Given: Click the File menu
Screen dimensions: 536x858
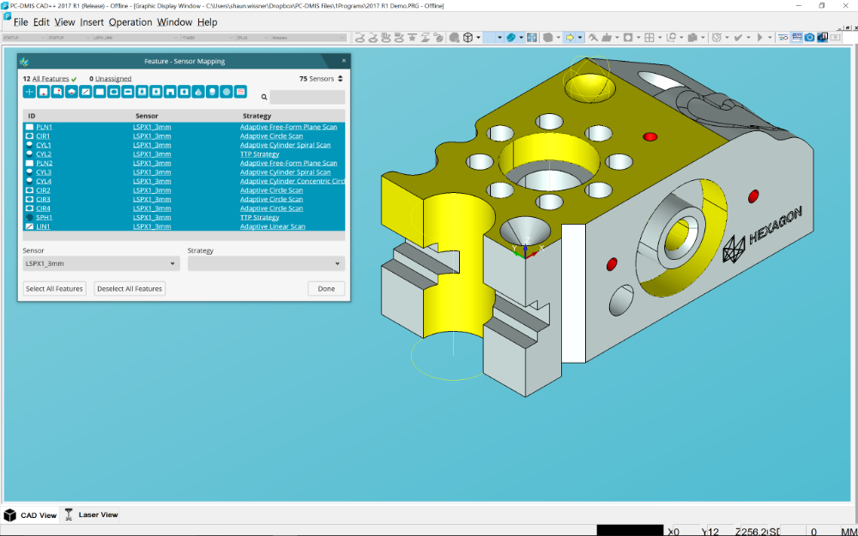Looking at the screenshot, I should coord(21,22).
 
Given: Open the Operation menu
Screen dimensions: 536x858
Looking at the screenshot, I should coord(130,22).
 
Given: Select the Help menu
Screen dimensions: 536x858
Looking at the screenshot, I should coord(207,22).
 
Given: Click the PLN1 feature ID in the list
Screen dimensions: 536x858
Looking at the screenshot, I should coord(44,127).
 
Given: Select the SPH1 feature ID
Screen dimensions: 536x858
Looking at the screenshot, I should coord(44,218).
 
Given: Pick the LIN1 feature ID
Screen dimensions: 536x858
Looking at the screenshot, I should coord(43,226).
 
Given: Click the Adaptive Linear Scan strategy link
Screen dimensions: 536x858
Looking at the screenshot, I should coord(272,226).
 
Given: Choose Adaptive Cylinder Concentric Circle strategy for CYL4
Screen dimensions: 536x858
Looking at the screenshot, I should coord(292,181).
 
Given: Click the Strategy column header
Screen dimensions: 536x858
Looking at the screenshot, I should coord(257,116).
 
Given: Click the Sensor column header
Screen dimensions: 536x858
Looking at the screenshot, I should coord(147,116).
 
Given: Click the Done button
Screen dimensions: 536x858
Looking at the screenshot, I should coord(326,289).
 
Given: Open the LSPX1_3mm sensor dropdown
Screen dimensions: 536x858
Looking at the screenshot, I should coord(100,264).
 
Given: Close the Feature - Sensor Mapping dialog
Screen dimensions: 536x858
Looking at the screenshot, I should coord(344,61).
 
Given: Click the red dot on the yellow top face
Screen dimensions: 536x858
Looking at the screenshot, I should coord(650,136).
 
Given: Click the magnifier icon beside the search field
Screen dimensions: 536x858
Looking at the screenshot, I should coord(264,98).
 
